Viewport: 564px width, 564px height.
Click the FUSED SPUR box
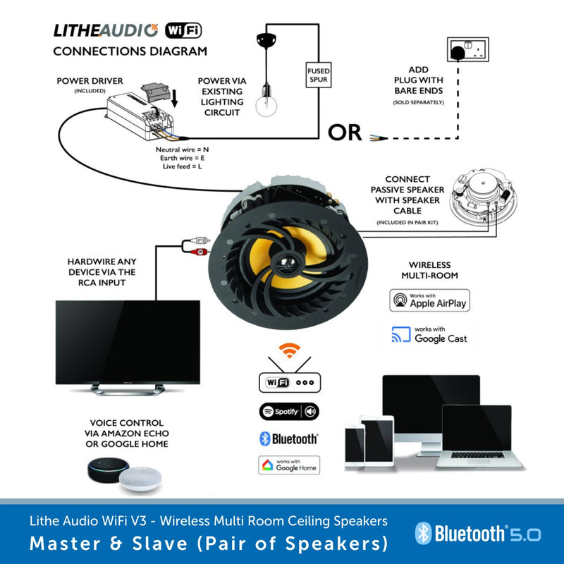(x=319, y=75)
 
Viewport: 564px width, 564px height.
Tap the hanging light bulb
(x=266, y=103)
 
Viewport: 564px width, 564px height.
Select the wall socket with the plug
(x=467, y=49)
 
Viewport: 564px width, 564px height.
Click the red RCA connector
(x=198, y=252)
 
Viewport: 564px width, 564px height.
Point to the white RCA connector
(x=199, y=240)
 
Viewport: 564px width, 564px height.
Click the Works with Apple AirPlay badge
(x=429, y=300)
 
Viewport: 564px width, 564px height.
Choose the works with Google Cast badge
(x=429, y=335)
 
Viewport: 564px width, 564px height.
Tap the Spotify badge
(x=289, y=412)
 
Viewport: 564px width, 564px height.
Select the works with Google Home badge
(x=289, y=465)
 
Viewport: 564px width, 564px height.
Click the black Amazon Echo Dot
(x=108, y=470)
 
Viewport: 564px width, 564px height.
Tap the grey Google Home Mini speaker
(x=140, y=479)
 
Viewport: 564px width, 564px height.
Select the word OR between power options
(x=345, y=133)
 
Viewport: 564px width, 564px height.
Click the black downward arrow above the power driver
(x=174, y=98)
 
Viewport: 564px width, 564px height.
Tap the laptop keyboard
(x=478, y=455)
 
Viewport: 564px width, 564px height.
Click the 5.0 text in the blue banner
(x=526, y=534)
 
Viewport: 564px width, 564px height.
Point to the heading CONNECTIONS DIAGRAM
(x=130, y=51)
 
